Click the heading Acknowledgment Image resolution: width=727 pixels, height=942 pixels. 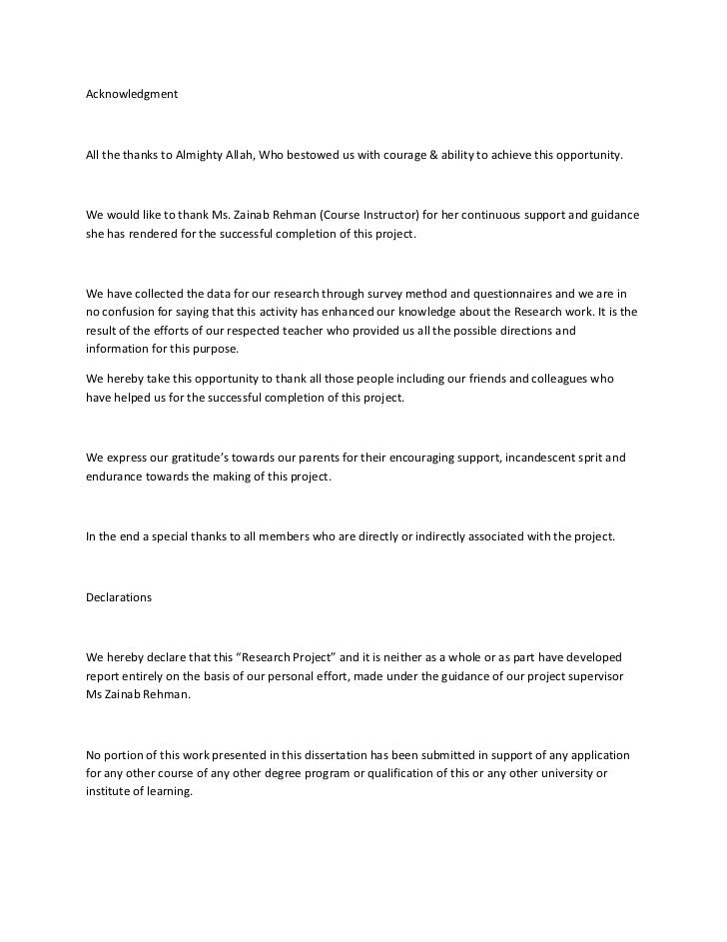[132, 94]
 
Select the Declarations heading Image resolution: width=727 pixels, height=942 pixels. [118, 596]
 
